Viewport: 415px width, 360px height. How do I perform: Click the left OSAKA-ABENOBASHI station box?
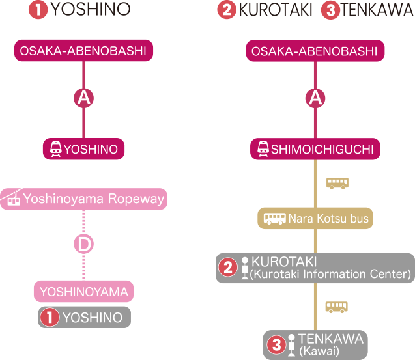click(x=83, y=51)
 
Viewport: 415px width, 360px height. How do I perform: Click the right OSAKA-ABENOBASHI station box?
click(x=315, y=51)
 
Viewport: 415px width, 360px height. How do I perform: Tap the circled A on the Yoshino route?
click(x=83, y=98)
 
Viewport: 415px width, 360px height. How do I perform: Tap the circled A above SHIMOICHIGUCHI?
click(x=315, y=98)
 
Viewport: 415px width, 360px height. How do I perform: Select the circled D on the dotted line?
click(x=83, y=244)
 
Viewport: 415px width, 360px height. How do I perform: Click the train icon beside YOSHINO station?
click(x=55, y=149)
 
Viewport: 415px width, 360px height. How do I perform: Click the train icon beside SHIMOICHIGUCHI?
click(x=263, y=149)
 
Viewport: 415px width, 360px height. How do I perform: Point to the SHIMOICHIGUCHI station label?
click(x=322, y=150)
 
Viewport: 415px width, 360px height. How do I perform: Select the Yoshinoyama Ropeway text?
click(x=93, y=199)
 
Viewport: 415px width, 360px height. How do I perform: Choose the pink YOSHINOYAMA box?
click(x=83, y=292)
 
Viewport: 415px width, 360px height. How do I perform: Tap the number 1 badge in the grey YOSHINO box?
click(x=50, y=318)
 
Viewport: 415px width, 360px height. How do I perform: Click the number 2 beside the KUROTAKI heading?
click(x=227, y=10)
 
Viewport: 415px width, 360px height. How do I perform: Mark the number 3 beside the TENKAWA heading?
click(x=330, y=11)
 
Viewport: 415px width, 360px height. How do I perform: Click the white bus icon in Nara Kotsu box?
click(x=274, y=219)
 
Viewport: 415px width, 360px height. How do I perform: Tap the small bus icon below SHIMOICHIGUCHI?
click(x=337, y=183)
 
